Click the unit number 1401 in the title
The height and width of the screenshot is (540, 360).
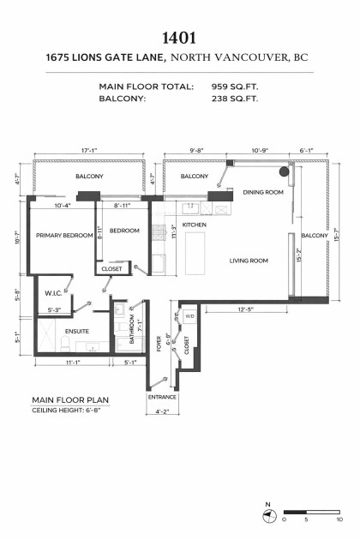180,39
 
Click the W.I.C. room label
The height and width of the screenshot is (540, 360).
53,292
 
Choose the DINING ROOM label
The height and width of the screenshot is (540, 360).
262,193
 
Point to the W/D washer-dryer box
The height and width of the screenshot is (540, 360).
189,316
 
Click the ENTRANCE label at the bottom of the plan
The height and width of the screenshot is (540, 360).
162,397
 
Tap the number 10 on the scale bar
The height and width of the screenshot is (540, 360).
339,519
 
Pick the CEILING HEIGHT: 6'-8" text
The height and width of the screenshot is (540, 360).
68,410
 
